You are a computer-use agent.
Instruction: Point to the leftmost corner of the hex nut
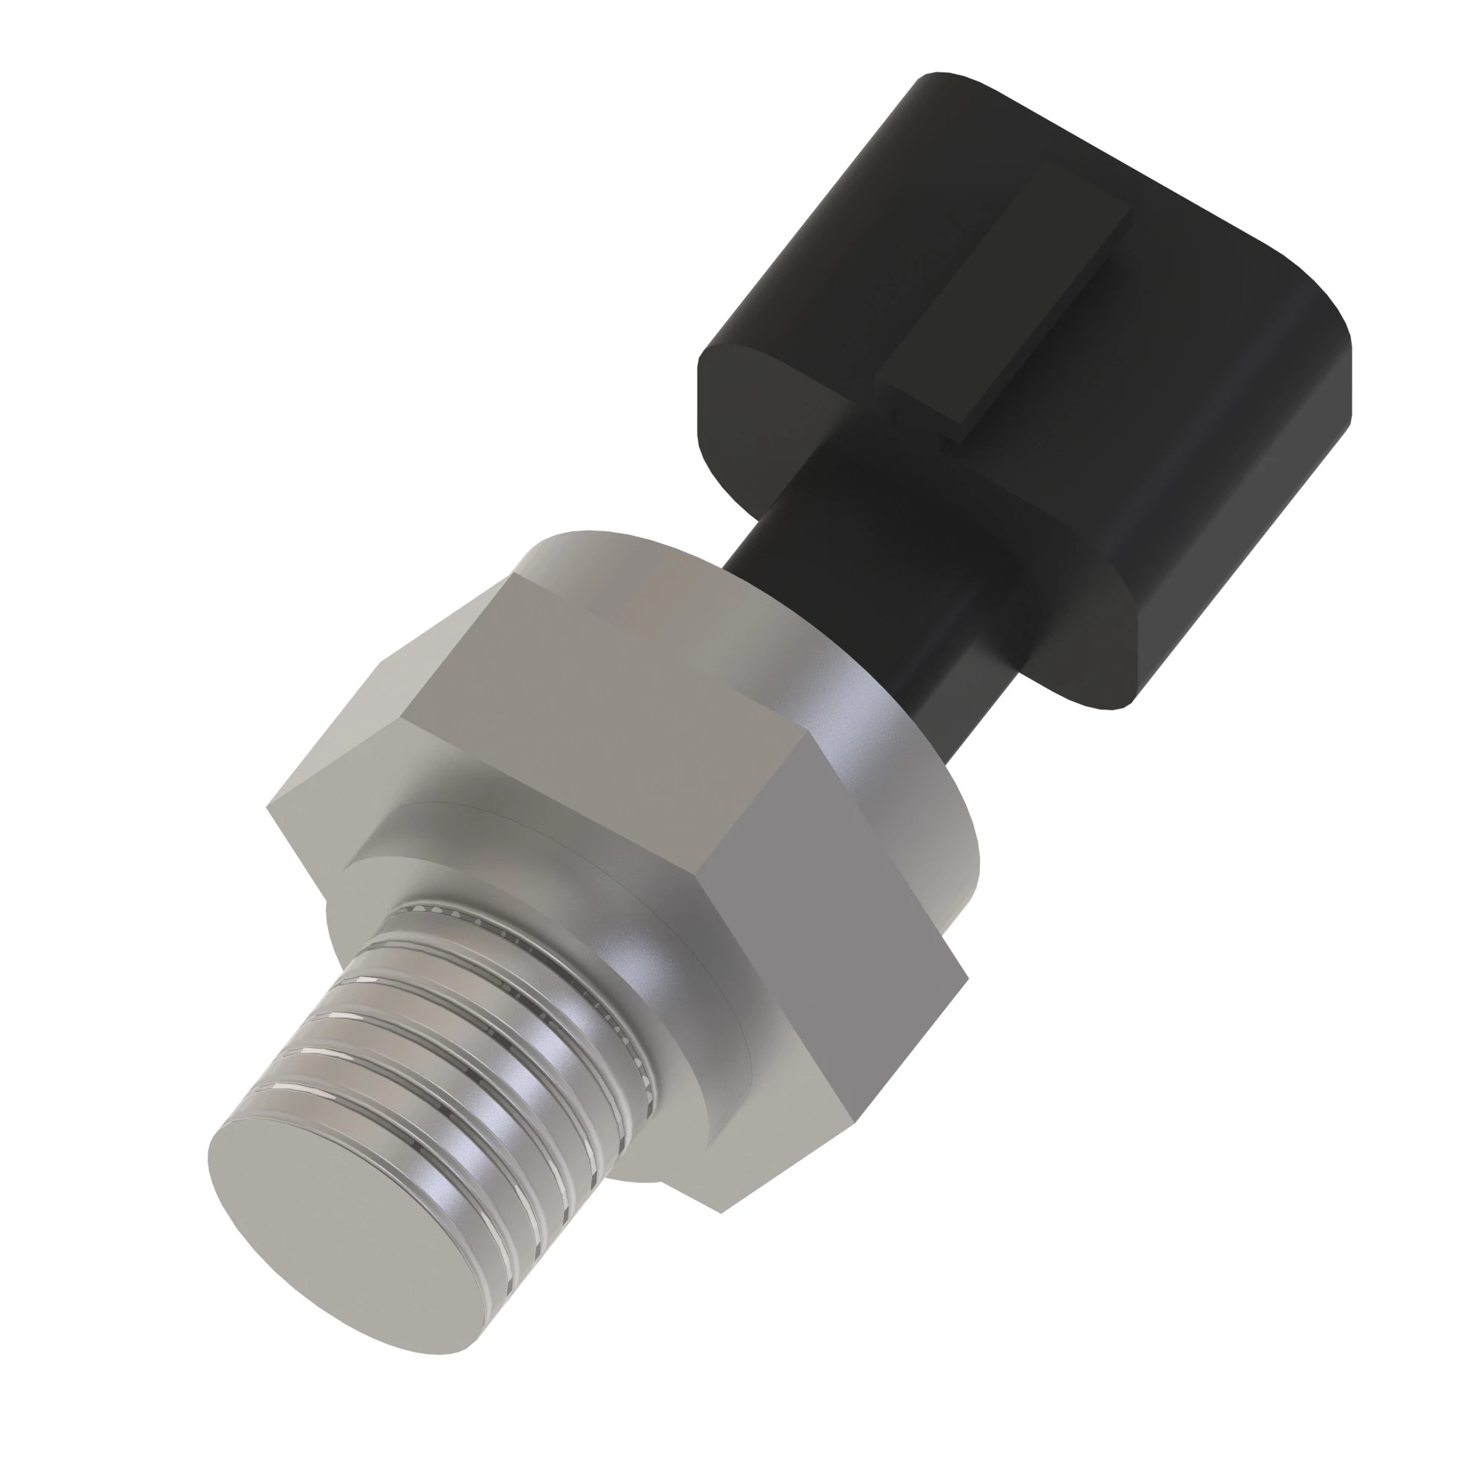pyautogui.click(x=268, y=807)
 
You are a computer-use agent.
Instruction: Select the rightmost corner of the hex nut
pyautogui.click(x=968, y=979)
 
